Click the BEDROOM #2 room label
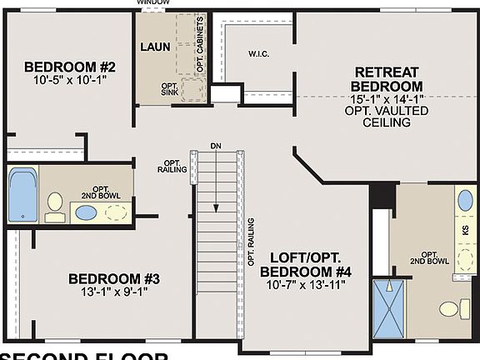[69, 67]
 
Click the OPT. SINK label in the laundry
[171, 89]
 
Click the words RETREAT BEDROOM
[387, 78]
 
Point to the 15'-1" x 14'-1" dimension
[387, 98]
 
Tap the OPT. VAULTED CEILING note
[387, 116]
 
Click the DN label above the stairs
[216, 147]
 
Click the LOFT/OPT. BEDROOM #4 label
[305, 265]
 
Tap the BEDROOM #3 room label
[108, 278]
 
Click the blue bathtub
[22, 193]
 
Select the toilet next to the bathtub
[55, 205]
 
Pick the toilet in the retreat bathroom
[451, 308]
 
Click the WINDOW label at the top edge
[153, 3]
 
